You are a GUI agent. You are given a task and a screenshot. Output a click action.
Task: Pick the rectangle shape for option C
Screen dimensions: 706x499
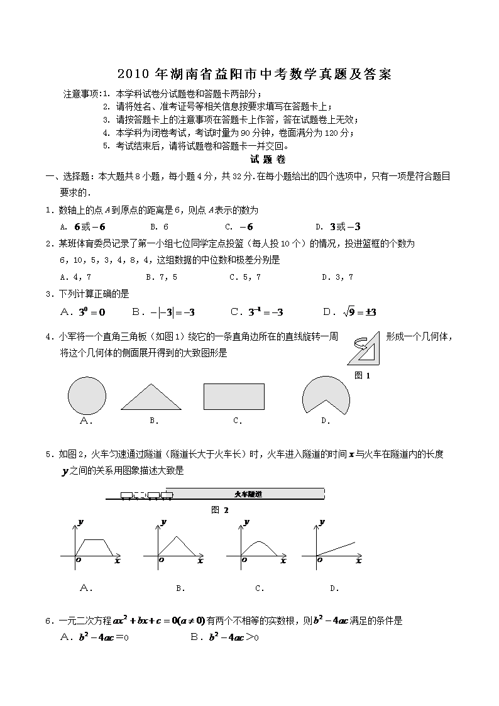[234, 396]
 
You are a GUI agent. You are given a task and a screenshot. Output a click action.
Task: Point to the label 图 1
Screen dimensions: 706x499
[363, 375]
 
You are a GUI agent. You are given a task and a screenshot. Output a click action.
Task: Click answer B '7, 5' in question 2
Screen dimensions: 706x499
[161, 277]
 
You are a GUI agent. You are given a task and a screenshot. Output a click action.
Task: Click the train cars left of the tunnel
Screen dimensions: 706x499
[146, 495]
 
